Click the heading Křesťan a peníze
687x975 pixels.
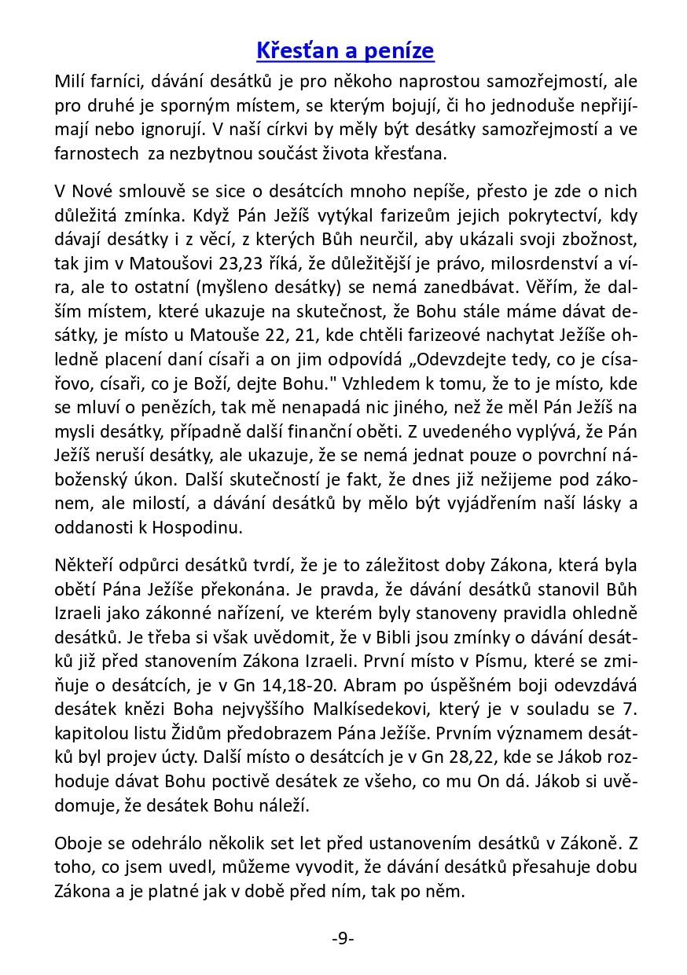345,51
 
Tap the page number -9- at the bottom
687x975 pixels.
343,939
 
